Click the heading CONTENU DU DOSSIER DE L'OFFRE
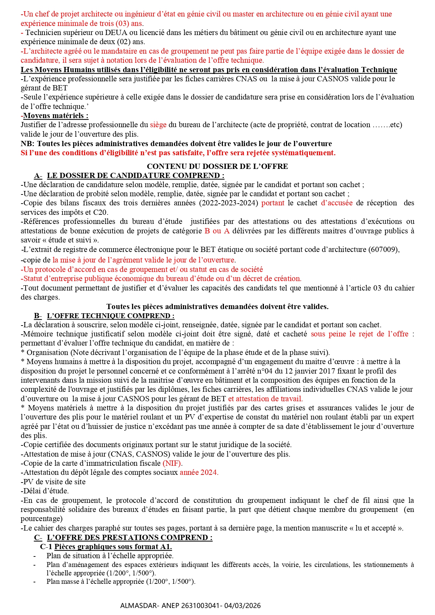pos(217,166)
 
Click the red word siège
pos(158,125)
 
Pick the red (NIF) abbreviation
pos(172,463)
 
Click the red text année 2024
pos(199,472)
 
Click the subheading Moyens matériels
pos(56,116)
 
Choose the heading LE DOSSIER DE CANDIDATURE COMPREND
pos(135,176)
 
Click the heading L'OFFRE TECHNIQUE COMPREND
pos(110,316)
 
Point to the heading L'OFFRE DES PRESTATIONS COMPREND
pos(129,538)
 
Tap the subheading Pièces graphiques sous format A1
pos(113,547)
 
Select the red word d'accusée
pos(337,203)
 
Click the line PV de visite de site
pos(53,482)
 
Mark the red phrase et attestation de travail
pos(265,398)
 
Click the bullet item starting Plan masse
pos(121,581)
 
